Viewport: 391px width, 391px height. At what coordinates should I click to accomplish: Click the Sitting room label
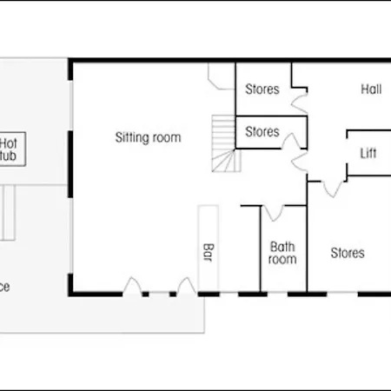148,137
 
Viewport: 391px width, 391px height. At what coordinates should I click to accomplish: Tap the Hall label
371,89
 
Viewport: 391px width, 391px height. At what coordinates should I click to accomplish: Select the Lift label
368,154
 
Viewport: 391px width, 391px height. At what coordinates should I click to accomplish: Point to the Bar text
208,253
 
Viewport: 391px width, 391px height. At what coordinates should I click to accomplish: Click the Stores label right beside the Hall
262,89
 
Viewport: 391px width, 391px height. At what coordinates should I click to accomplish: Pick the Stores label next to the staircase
262,132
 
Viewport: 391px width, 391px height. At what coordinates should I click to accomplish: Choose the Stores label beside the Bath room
348,254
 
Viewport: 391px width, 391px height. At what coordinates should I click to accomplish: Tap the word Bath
282,247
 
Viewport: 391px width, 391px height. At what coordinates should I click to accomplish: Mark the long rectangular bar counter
208,248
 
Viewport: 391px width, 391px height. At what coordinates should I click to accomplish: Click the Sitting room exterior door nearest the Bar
184,288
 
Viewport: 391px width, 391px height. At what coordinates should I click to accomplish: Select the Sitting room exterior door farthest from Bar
132,288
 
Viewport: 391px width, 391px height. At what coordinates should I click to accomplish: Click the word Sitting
131,137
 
